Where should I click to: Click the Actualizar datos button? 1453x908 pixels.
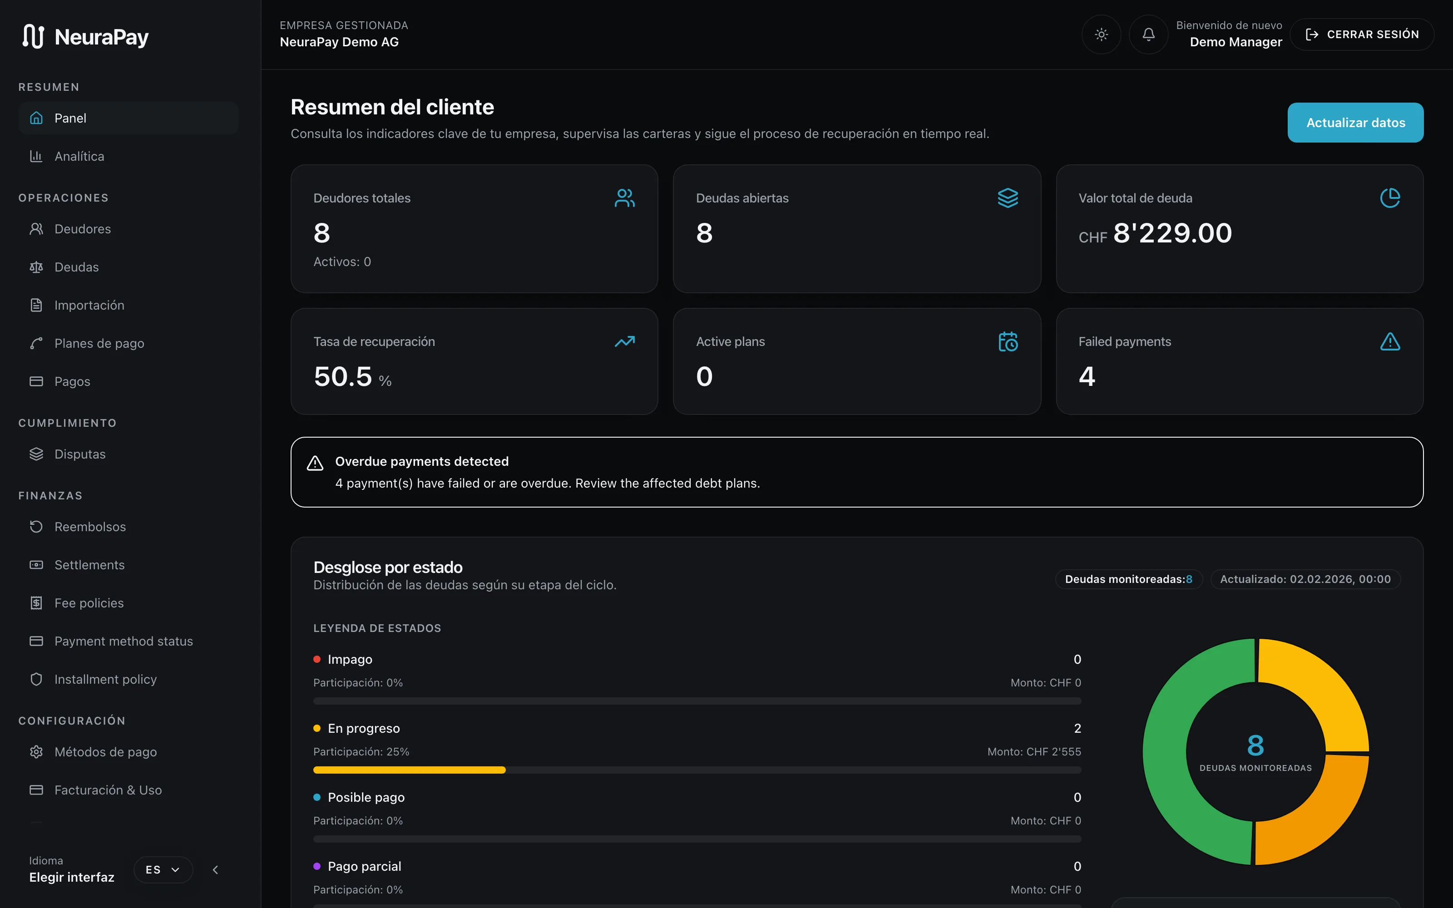coord(1355,123)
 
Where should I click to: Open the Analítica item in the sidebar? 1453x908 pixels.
coord(79,156)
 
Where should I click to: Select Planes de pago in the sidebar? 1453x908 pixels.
coord(99,344)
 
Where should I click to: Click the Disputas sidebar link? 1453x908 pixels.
coord(80,454)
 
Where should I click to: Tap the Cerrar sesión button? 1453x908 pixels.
coord(1362,34)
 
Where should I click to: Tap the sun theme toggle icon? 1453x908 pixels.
coord(1101,34)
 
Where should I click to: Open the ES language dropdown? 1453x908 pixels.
coord(163,869)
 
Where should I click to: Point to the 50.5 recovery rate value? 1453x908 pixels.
coord(343,376)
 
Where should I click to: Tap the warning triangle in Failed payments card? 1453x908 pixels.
coord(1390,342)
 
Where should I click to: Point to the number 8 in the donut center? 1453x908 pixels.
coord(1255,745)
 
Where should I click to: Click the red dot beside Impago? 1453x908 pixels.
coord(317,659)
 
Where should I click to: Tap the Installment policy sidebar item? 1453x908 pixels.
coord(105,679)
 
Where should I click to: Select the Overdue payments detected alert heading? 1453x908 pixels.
coord(421,461)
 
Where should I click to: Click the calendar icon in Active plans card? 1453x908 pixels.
coord(1008,342)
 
